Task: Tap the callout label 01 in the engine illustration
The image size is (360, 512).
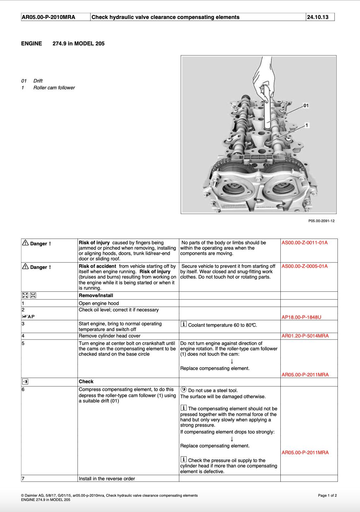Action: pos(306,106)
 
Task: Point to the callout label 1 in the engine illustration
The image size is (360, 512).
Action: pos(307,125)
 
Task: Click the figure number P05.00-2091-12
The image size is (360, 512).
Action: pos(321,221)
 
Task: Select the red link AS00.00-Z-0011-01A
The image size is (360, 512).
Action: pos(304,243)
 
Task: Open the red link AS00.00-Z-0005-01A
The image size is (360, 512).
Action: pos(304,266)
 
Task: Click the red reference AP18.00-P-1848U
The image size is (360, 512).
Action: pos(301,317)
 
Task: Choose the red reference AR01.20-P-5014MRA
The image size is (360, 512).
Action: pos(305,336)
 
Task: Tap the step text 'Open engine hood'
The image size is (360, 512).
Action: pos(99,303)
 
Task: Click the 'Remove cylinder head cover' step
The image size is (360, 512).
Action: pos(109,336)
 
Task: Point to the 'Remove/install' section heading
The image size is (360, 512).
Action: pos(96,296)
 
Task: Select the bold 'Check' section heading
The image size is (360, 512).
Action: pos(86,382)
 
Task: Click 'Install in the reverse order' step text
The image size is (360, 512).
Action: pos(107,479)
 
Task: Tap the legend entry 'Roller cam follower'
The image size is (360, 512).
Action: pos(54,88)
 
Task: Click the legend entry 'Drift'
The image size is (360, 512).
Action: pos(38,81)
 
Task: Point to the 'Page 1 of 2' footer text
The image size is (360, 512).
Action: pos(327,496)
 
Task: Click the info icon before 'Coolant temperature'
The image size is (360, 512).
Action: pos(184,324)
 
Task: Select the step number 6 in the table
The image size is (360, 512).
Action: pos(23,390)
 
